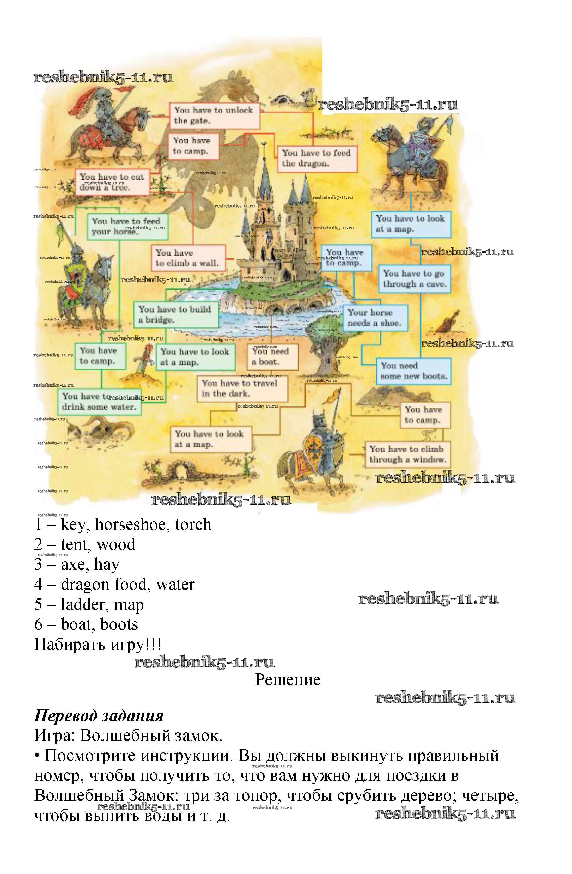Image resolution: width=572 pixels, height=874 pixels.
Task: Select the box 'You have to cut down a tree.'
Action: [112, 182]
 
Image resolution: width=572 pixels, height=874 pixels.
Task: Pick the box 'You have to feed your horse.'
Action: [127, 227]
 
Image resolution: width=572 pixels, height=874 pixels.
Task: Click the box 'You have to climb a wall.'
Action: [188, 258]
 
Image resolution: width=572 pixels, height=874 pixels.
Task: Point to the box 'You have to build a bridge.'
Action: [175, 315]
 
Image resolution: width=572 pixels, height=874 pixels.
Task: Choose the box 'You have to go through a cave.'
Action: [414, 279]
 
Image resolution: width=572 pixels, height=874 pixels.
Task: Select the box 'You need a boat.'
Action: [272, 357]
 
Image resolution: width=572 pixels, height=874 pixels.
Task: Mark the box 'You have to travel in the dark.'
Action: [242, 389]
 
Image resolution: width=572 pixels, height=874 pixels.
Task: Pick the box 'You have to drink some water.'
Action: [99, 402]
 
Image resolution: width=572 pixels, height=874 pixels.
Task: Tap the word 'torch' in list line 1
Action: [193, 524]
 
